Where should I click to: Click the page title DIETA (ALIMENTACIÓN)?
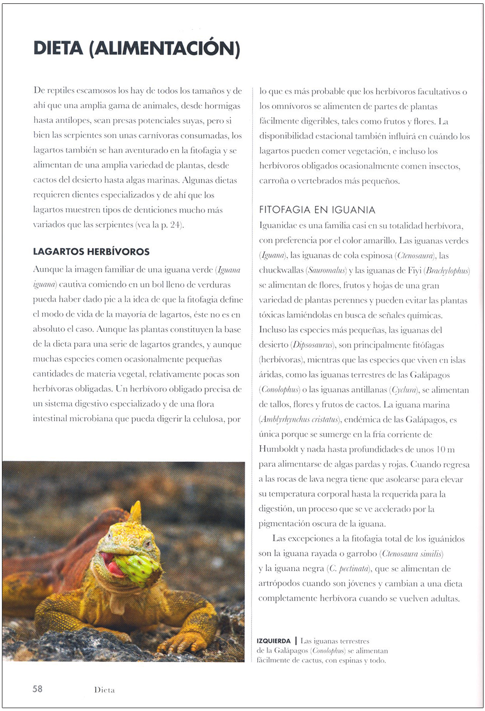point(136,48)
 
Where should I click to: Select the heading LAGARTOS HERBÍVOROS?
point(91,251)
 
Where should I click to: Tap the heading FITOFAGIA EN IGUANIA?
point(317,210)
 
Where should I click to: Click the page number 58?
point(37,689)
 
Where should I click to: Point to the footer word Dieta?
point(104,690)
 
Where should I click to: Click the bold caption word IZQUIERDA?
point(273,641)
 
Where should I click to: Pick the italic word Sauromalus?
point(326,271)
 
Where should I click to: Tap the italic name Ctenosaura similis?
point(412,553)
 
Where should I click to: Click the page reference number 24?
point(175,225)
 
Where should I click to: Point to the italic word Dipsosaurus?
point(313,345)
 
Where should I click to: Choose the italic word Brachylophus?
point(447,271)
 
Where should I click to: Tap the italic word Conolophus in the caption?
point(328,651)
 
